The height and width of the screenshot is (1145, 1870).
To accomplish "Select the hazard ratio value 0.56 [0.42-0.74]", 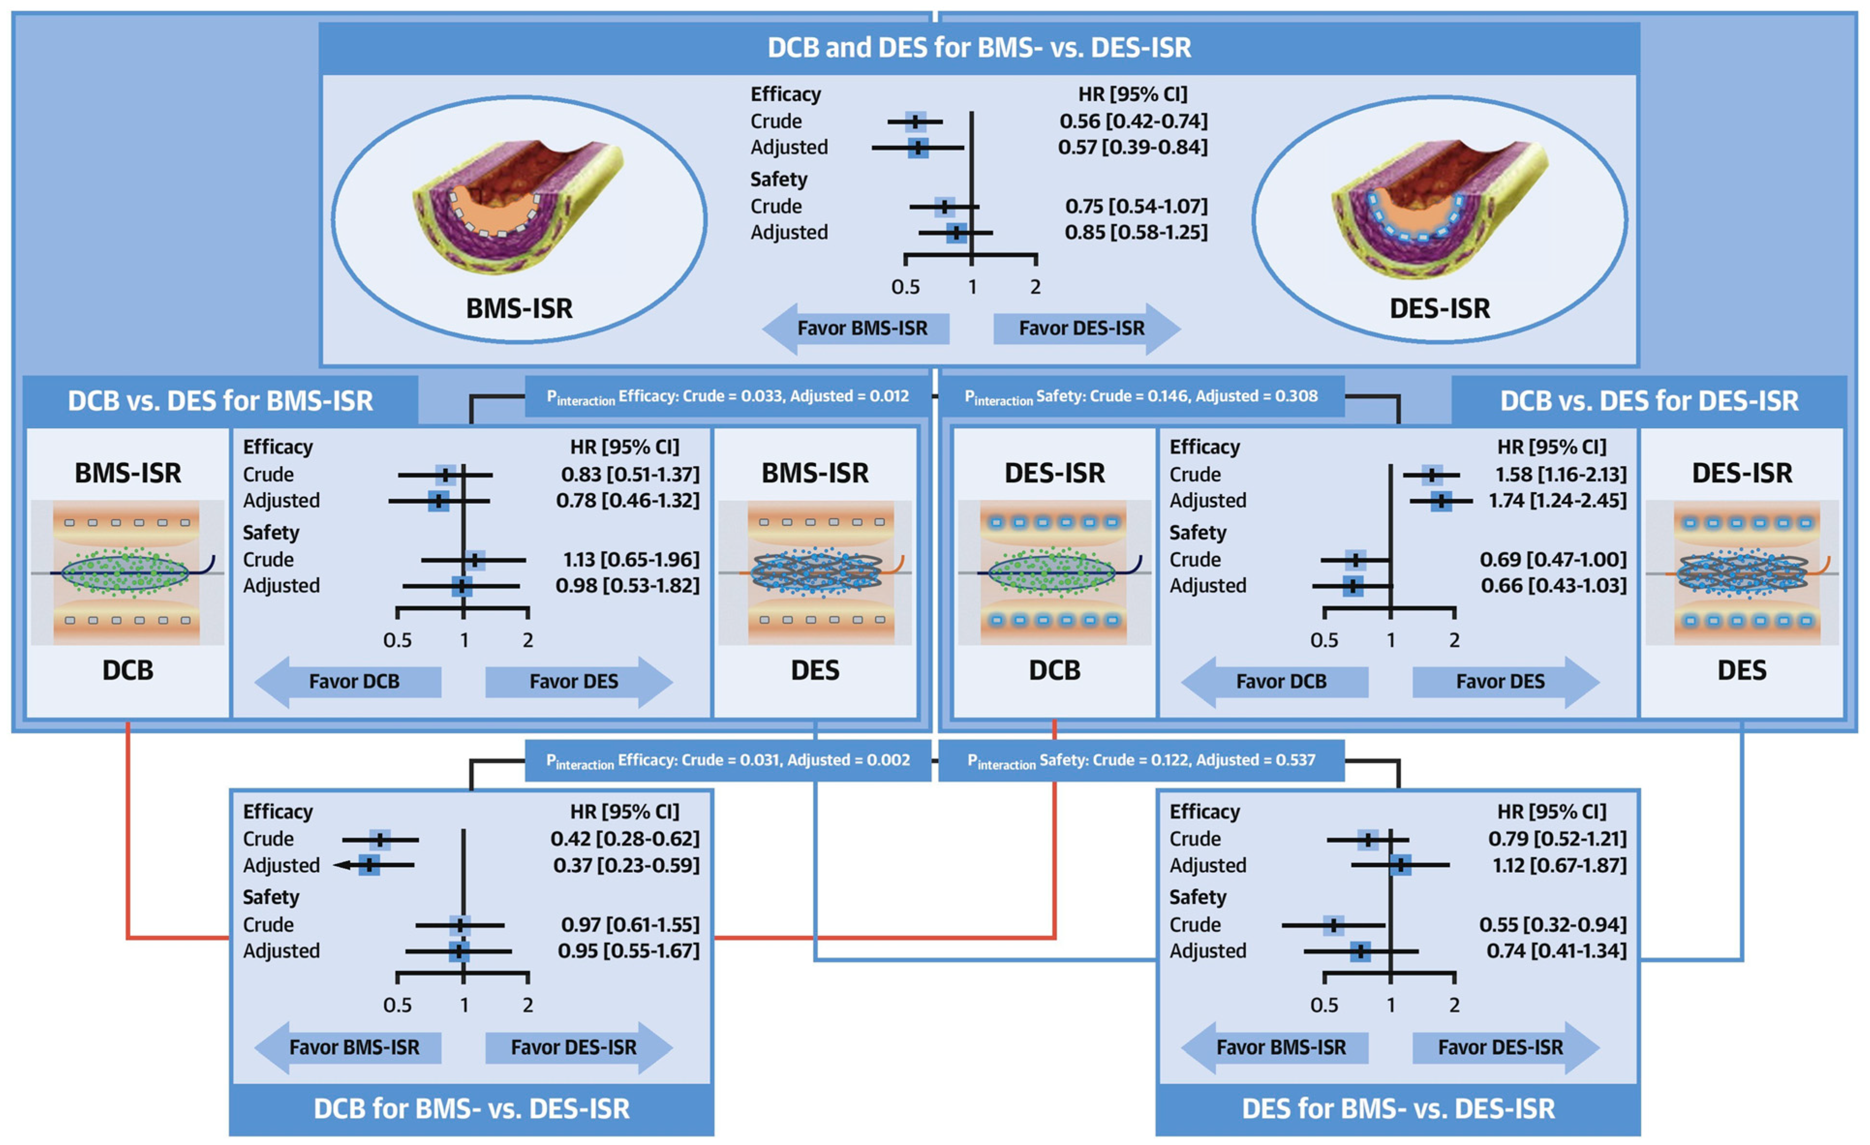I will (1133, 121).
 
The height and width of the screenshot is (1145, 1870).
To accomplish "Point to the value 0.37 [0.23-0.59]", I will (626, 865).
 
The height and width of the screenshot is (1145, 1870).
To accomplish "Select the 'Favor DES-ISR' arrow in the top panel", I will (1085, 328).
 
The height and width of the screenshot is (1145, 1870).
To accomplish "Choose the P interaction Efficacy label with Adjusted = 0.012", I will (727, 396).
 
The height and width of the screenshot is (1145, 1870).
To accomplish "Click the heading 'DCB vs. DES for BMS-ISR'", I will (220, 401).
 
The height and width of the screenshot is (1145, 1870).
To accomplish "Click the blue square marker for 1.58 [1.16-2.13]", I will (1431, 475).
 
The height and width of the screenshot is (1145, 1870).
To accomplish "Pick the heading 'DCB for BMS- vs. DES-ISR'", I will (471, 1109).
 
